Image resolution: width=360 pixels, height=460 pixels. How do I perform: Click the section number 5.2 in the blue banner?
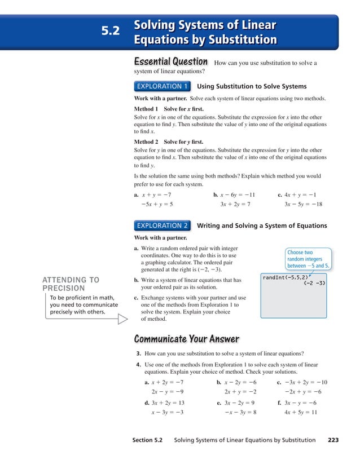(111, 32)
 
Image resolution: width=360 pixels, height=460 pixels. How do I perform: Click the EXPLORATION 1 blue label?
(163, 86)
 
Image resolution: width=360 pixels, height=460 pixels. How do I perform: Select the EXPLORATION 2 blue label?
(163, 225)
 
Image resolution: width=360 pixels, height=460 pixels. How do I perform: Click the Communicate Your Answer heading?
(186, 339)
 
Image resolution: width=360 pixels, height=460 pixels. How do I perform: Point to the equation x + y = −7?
(157, 194)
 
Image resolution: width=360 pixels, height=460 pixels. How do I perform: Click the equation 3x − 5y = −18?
(303, 204)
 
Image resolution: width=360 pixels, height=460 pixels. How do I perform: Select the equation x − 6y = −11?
(238, 194)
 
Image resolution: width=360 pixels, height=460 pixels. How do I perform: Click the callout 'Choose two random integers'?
(308, 259)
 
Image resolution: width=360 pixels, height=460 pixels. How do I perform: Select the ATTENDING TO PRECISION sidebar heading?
(71, 284)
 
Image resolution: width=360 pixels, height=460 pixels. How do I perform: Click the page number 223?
(333, 440)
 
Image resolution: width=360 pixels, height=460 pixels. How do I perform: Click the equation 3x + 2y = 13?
(168, 402)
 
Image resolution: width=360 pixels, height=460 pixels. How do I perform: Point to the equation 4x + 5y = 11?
(300, 412)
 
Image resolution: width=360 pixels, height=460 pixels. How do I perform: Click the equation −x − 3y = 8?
(240, 412)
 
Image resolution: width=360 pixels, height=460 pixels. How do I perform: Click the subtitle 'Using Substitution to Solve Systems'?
(252, 86)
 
